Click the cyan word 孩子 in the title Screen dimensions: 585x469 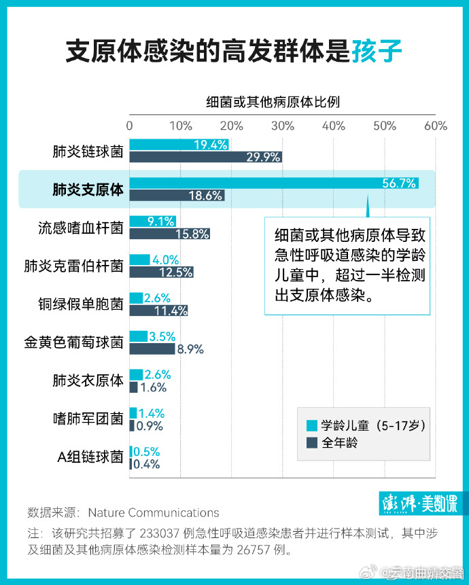point(377,52)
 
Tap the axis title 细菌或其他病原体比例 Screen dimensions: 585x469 point(273,102)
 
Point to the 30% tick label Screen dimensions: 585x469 point(283,125)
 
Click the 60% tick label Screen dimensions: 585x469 point(436,125)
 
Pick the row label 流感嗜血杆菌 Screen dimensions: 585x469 point(80,228)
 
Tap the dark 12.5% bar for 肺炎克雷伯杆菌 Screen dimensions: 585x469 point(161,272)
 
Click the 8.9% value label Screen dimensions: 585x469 point(190,349)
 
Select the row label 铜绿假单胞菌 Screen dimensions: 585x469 point(80,304)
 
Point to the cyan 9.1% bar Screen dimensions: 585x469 point(152,221)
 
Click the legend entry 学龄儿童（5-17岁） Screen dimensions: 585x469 point(367,425)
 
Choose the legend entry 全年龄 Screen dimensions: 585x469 point(339,442)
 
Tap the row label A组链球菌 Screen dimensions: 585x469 point(89,457)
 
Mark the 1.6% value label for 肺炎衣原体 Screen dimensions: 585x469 point(154,387)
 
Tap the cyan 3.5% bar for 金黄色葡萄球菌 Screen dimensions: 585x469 point(139,336)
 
